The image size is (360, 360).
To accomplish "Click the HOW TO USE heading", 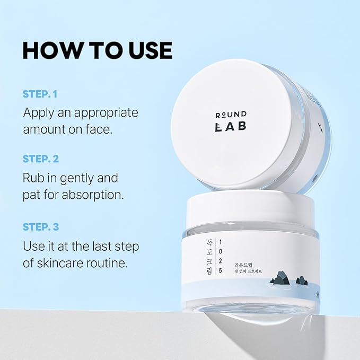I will [x=97, y=50].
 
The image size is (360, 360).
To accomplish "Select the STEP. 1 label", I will [x=47, y=94].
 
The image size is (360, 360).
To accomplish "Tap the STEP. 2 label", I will [x=48, y=159].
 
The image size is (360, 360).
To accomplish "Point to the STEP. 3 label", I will [x=48, y=227].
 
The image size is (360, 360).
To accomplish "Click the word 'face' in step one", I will [x=99, y=129].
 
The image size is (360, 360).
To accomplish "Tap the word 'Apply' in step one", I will [x=39, y=113].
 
